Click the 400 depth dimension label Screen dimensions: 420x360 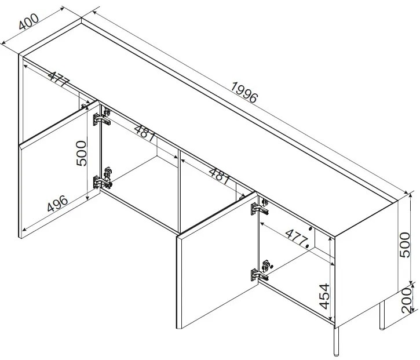point(29,21)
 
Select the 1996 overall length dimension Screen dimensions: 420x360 point(244,93)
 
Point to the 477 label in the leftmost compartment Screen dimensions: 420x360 point(59,79)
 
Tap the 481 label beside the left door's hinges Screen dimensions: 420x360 point(145,133)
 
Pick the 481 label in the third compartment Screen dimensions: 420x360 point(220,176)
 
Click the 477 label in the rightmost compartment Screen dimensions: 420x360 point(297,238)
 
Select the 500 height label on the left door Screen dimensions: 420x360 point(82,153)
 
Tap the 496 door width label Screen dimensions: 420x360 point(57,203)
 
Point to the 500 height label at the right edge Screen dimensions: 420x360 point(404,245)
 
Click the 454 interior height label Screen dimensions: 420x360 point(324,296)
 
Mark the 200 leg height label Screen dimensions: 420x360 point(406,300)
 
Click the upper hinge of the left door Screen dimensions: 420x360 point(102,117)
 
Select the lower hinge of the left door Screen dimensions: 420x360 point(103,178)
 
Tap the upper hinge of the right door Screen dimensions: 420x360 point(260,207)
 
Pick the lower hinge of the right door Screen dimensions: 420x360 point(260,271)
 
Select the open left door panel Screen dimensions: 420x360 point(60,169)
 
